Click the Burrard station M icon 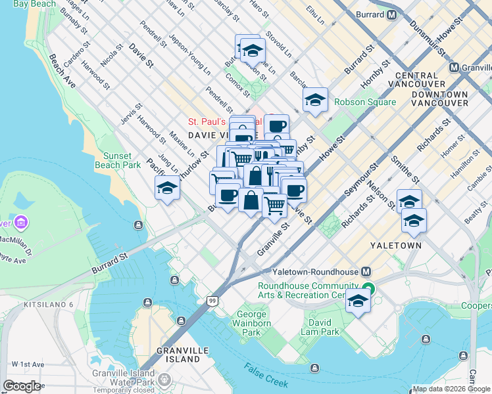coord(391,14)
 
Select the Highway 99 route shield coord(212,301)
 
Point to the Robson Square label coord(365,102)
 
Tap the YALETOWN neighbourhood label coord(395,245)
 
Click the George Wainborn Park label coord(252,323)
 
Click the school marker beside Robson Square coord(316,100)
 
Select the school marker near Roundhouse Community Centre coord(358,302)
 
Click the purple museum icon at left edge coord(22,223)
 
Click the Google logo coord(22,386)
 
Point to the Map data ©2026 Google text coord(451,389)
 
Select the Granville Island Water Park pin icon coord(164,380)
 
